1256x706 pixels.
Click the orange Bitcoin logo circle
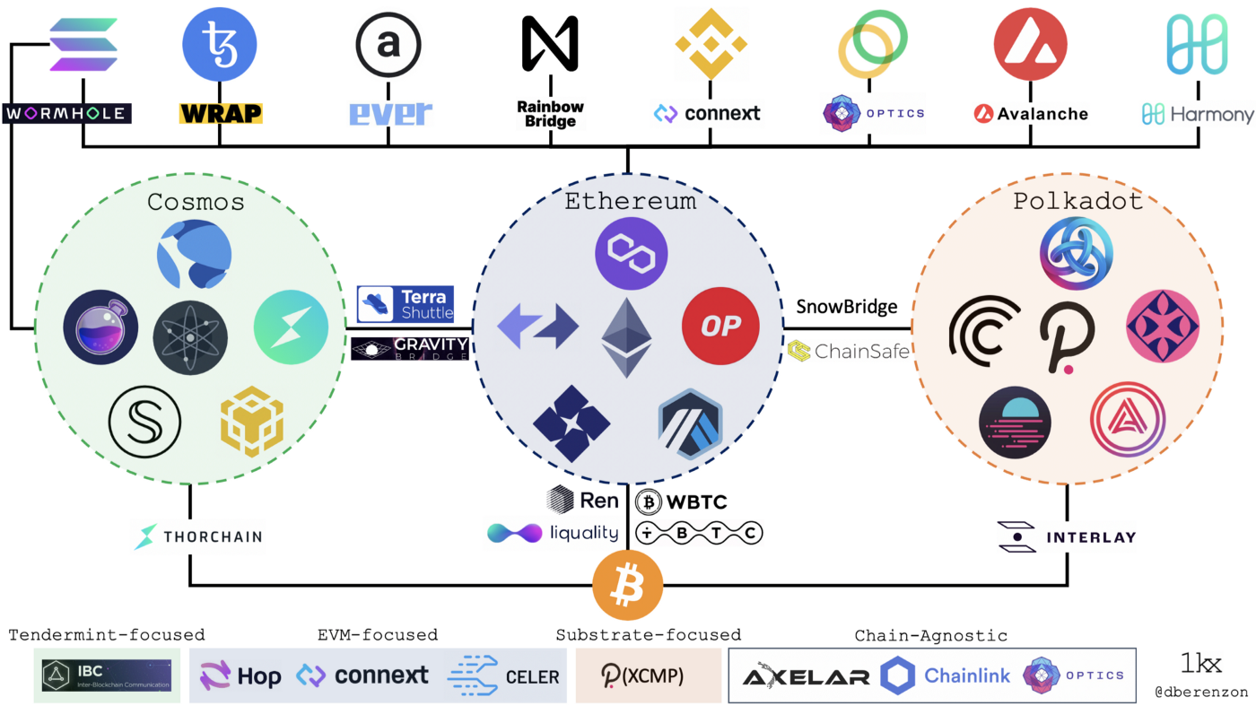point(627,586)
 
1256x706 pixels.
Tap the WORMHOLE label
point(67,114)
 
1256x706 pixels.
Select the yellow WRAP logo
point(221,114)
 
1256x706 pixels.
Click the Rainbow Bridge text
point(550,114)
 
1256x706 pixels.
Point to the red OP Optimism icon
point(720,326)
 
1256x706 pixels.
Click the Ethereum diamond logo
point(627,337)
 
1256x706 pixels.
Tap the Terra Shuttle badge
point(406,304)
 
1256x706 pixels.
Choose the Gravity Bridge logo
point(410,348)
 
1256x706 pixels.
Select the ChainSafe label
point(849,351)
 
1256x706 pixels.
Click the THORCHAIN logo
point(198,536)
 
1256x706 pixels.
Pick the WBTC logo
point(682,501)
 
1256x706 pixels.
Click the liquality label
point(554,533)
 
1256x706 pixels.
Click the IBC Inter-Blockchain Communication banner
point(107,675)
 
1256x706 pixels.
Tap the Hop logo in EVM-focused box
point(240,675)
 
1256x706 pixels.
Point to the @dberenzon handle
point(1201,693)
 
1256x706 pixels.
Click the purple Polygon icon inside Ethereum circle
point(632,253)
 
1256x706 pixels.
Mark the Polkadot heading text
point(1077,201)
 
